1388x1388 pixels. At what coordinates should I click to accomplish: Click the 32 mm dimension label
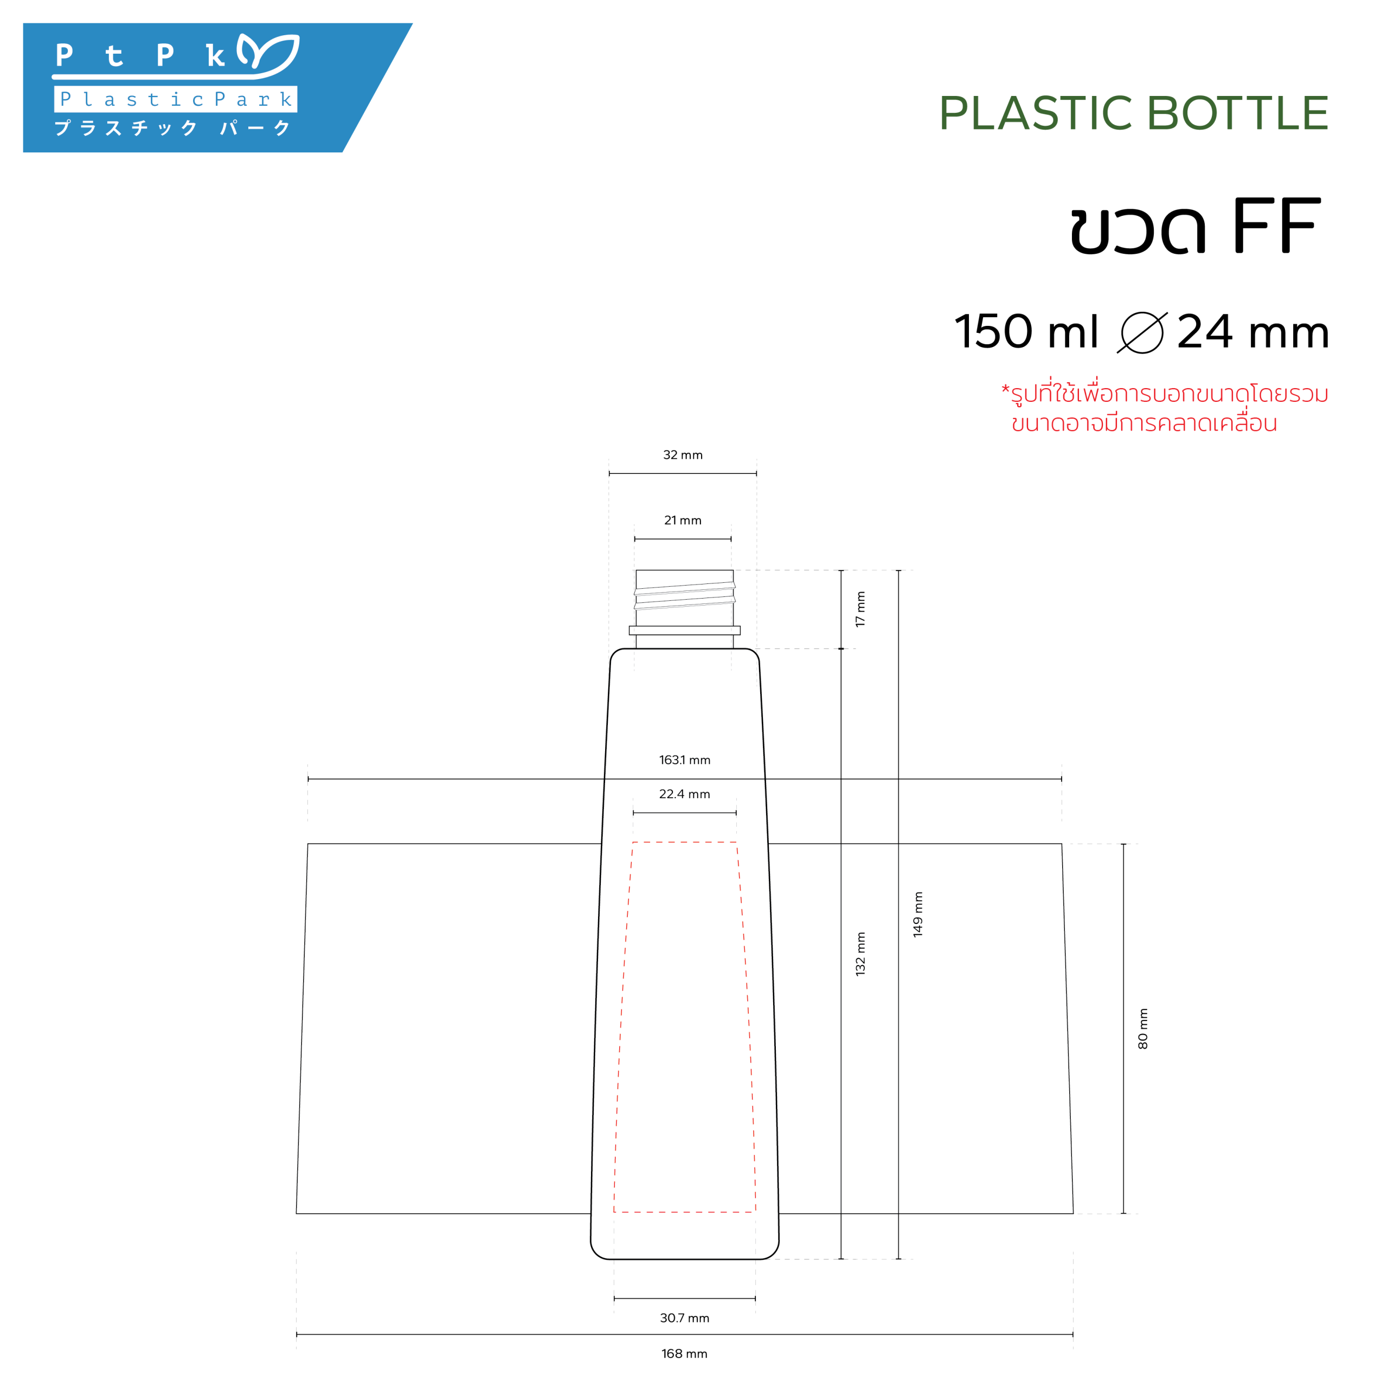click(x=683, y=455)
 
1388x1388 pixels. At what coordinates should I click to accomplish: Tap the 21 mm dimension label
click(x=683, y=520)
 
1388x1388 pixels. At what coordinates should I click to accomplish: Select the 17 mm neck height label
click(x=860, y=609)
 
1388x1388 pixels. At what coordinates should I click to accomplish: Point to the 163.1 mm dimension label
click(x=685, y=760)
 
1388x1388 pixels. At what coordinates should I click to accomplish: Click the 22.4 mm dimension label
click(x=685, y=794)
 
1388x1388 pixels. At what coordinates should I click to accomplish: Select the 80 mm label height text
click(x=1143, y=1028)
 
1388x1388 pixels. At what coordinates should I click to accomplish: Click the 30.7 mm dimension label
click(x=685, y=1318)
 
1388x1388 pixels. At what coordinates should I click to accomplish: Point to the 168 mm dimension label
click(x=685, y=1353)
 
